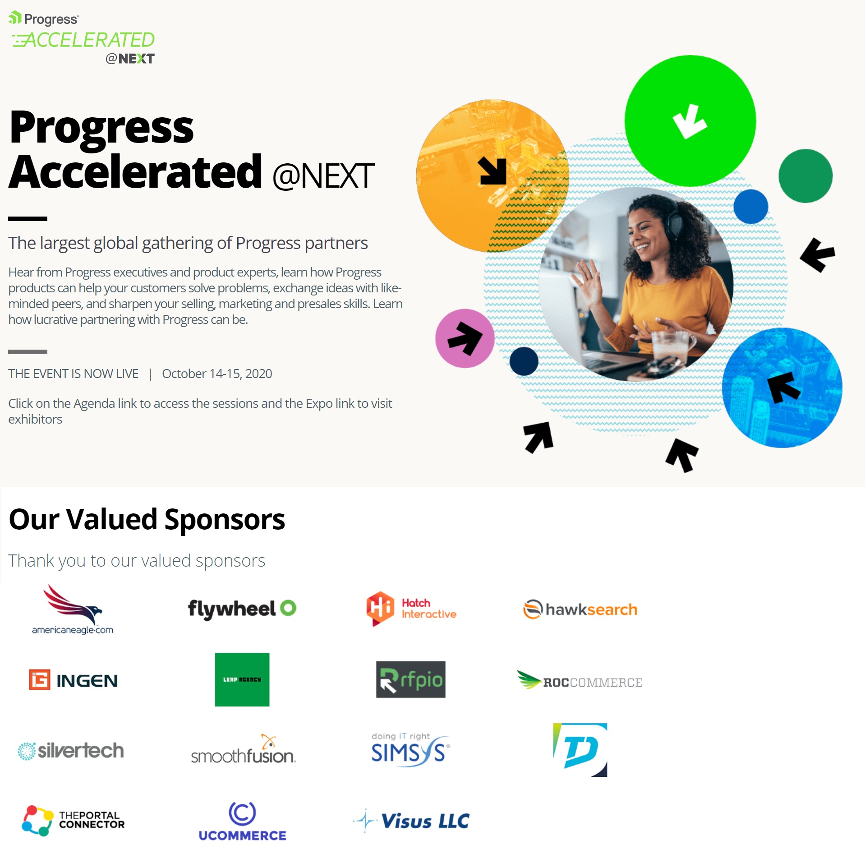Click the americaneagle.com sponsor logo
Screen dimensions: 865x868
[73, 609]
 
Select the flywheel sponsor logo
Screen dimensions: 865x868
[242, 609]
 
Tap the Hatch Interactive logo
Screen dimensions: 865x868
[411, 609]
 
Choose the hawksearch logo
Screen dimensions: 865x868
[580, 609]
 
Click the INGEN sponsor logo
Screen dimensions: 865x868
[73, 679]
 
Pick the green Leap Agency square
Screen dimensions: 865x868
[242, 679]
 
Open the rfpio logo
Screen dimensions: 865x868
[411, 679]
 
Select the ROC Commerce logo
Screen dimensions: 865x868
[580, 680]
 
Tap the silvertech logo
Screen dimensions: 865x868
[71, 751]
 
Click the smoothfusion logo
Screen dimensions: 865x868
[243, 749]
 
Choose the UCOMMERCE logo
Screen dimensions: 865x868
[242, 821]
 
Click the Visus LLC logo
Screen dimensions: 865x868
[411, 821]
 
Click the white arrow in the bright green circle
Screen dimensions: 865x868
[690, 121]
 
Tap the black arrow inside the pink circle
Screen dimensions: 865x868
[465, 338]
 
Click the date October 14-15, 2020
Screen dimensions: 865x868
[217, 374]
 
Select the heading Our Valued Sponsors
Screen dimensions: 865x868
[147, 519]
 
